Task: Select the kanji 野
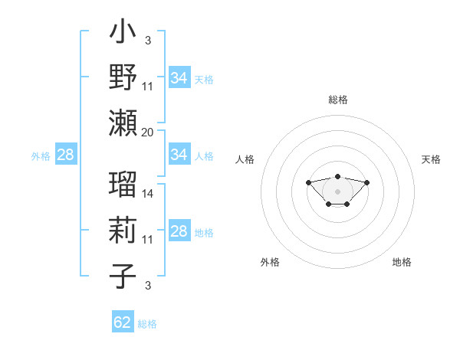click(123, 77)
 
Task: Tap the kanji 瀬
click(123, 122)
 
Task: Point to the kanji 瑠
click(123, 184)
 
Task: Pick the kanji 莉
click(123, 230)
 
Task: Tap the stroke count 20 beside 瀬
click(148, 133)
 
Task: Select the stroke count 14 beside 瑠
click(148, 195)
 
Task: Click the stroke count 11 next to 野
click(148, 87)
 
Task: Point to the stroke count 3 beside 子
click(147, 286)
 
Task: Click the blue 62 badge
click(123, 322)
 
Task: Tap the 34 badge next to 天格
click(179, 78)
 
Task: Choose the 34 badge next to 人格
click(179, 155)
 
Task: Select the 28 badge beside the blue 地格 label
click(179, 232)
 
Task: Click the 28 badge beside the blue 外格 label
click(65, 155)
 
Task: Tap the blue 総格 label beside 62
click(147, 323)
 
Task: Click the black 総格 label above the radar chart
click(337, 100)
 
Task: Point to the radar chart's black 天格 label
click(431, 159)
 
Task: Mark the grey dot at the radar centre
click(337, 191)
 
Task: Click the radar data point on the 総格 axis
click(337, 176)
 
